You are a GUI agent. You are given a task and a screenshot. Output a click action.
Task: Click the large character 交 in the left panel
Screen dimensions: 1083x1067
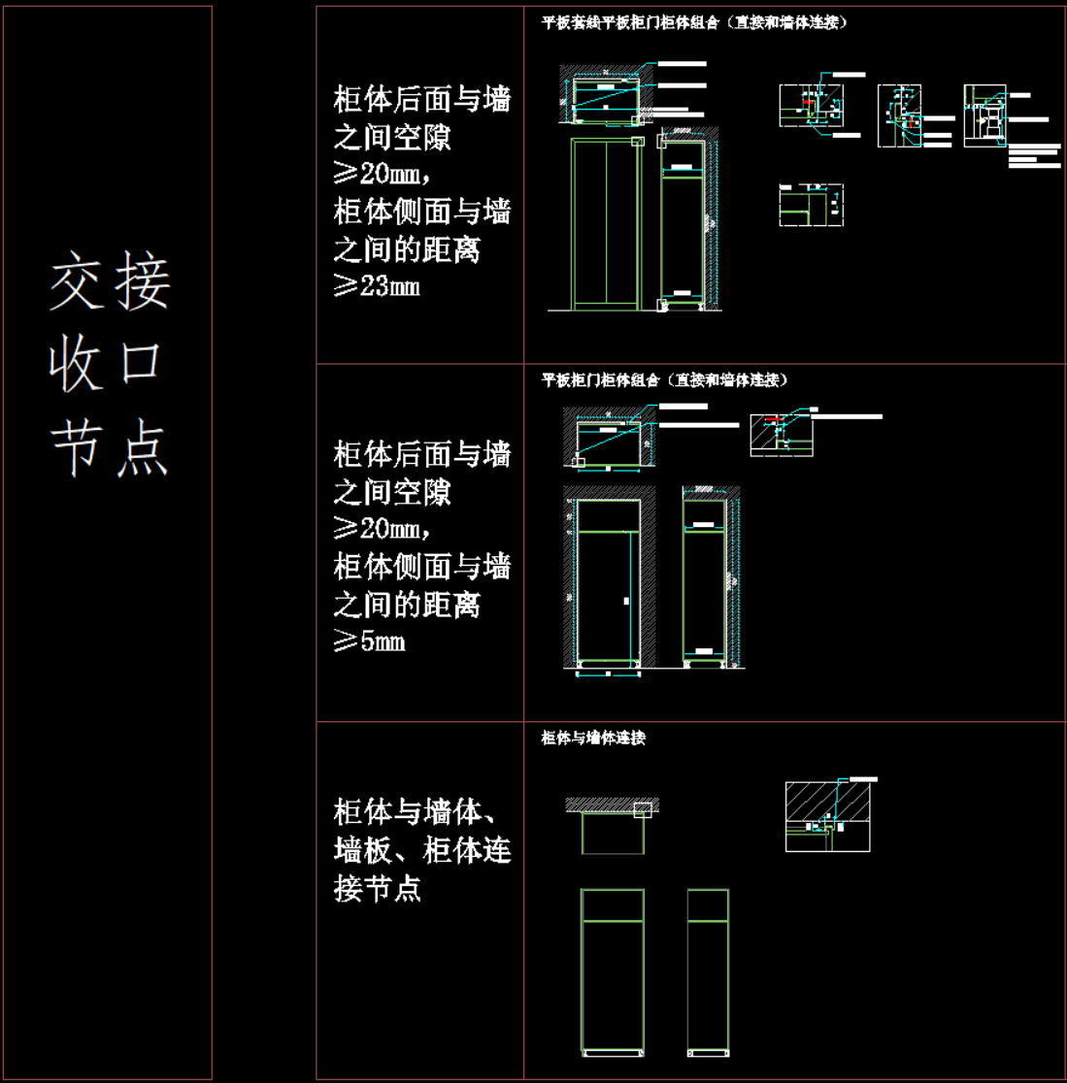tap(77, 283)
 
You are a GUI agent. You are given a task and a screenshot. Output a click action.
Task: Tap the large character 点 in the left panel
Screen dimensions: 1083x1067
tap(142, 448)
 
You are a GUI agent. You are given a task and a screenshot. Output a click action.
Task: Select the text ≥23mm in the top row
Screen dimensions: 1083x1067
tap(377, 287)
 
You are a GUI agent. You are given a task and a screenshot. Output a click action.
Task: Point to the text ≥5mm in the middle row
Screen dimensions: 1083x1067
tap(370, 641)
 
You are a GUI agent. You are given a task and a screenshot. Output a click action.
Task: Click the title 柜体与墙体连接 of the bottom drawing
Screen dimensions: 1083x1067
tap(593, 738)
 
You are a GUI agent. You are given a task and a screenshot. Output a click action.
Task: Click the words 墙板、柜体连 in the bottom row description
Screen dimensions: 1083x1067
tap(422, 850)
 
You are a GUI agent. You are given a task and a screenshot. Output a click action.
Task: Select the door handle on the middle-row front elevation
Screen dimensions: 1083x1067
tap(626, 602)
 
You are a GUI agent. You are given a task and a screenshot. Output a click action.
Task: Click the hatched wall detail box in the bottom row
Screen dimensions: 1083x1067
tap(827, 815)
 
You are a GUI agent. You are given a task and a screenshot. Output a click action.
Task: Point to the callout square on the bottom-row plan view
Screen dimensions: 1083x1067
tap(644, 810)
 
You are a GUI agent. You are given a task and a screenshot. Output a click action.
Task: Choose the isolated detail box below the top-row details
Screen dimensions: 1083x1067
tap(811, 206)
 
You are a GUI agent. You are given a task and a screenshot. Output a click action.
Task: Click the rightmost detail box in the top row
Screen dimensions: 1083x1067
tap(987, 116)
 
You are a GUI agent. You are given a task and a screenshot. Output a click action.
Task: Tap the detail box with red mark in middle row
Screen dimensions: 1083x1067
tap(781, 435)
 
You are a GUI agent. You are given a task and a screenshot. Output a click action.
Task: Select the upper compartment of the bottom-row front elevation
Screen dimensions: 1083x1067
tap(612, 904)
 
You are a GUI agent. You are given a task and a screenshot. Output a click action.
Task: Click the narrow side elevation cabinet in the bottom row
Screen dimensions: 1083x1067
tap(708, 970)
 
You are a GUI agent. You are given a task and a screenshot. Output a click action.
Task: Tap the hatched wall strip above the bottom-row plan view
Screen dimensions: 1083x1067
tap(612, 804)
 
